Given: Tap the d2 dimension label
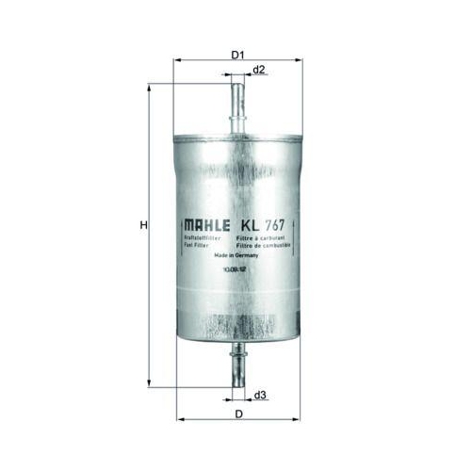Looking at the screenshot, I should click(x=259, y=71).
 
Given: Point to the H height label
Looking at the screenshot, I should click(x=142, y=226).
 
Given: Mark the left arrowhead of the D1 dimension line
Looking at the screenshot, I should click(x=176, y=60).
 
